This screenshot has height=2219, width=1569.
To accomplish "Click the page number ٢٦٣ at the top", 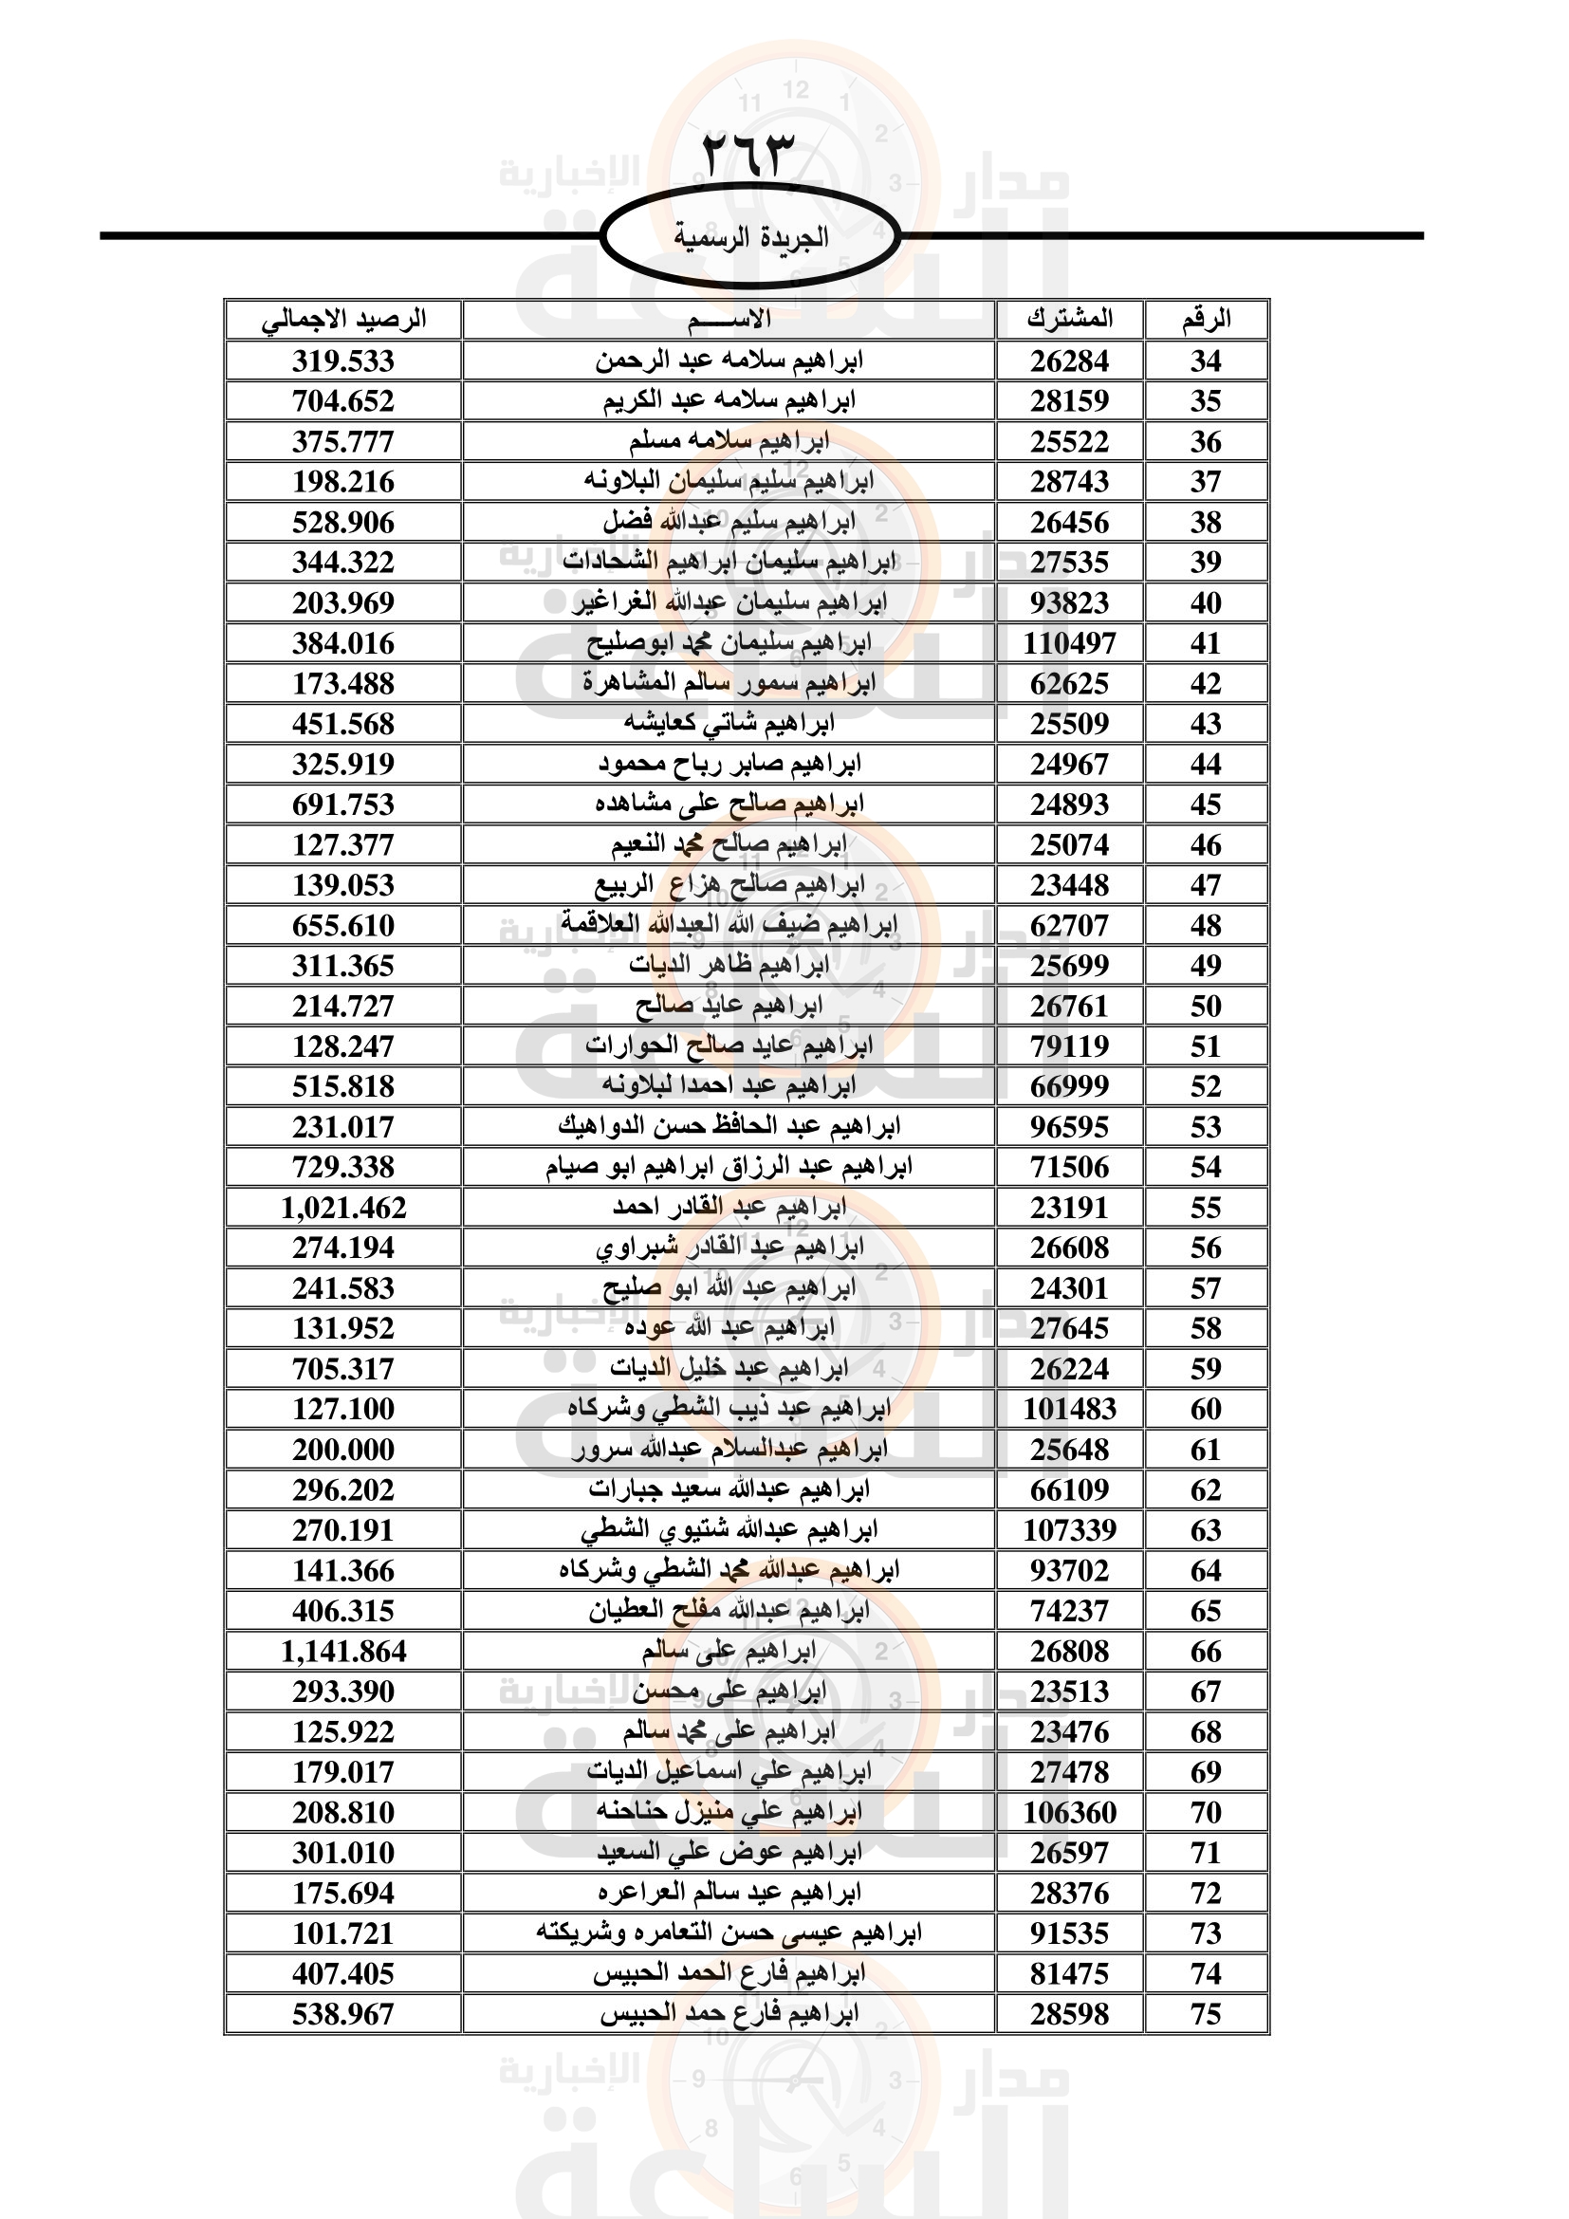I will point(747,155).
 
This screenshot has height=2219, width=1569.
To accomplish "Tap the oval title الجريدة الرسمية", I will point(750,237).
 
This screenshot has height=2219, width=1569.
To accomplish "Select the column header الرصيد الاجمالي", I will point(344,319).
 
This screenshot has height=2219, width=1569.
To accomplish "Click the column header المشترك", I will point(1069,319).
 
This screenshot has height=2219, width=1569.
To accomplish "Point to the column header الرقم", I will point(1206,319).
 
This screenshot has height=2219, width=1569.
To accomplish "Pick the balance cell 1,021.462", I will point(344,1208).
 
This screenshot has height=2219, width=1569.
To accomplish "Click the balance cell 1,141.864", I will point(344,1652).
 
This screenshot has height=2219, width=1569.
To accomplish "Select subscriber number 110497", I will point(1069,642).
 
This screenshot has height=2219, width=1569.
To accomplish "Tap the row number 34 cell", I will point(1206,361).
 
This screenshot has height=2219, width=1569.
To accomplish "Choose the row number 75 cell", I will point(1206,2015).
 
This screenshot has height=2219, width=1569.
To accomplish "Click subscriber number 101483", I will point(1069,1409).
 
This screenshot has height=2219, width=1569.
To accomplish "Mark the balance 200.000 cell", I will point(344,1450).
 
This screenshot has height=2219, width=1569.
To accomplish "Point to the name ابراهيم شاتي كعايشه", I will point(729,723).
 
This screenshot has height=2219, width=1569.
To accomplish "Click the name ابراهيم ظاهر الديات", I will point(729,965).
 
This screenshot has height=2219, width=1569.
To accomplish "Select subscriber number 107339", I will point(1069,1530).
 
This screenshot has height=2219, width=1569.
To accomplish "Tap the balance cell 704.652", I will point(344,401).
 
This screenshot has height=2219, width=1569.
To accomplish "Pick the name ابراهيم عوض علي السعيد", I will point(729,1853).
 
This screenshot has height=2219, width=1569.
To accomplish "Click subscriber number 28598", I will point(1069,2015).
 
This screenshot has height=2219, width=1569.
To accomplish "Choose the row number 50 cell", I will point(1206,1006).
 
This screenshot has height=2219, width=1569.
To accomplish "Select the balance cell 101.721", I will point(344,1933).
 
